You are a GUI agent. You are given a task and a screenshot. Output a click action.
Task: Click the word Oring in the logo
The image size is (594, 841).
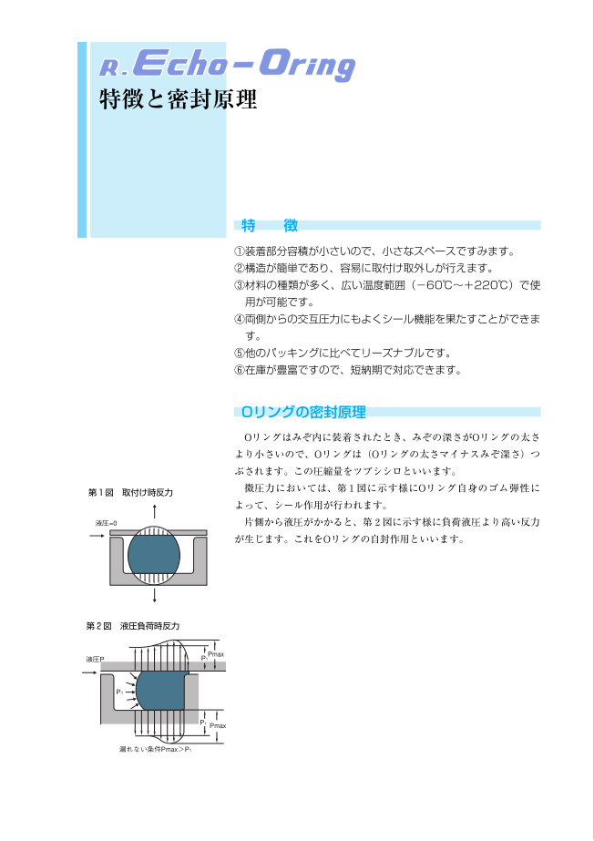point(307,65)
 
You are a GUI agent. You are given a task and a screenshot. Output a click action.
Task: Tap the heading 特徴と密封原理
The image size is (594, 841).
point(179,99)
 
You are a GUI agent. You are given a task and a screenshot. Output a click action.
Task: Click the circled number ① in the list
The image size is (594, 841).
point(239,251)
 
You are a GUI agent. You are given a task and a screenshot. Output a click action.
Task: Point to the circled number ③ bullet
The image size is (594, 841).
point(239,285)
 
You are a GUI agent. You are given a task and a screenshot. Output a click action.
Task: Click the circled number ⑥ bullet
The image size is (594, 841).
point(239,370)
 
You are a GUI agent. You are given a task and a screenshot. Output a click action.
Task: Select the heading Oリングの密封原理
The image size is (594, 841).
point(303,412)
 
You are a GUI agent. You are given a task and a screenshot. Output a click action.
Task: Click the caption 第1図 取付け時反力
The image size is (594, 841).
point(130,492)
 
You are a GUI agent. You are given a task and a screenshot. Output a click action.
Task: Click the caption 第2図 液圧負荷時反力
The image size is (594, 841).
point(133,626)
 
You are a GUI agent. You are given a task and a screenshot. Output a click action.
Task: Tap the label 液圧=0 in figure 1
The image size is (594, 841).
point(107,523)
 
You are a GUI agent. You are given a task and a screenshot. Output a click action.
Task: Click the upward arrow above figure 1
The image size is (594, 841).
point(154,512)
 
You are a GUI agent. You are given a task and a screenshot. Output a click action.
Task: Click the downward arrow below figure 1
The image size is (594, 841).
point(154,595)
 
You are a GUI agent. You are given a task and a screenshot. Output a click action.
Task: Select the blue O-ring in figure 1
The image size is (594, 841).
point(154,555)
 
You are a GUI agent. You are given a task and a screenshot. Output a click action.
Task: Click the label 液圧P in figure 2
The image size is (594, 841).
point(96,659)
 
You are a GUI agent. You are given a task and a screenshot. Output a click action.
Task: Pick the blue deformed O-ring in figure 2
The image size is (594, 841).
point(161,691)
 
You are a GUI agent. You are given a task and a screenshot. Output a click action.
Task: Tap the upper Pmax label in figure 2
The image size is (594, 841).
point(216,654)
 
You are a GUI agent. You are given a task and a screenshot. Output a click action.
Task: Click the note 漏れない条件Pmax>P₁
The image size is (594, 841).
point(156,749)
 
